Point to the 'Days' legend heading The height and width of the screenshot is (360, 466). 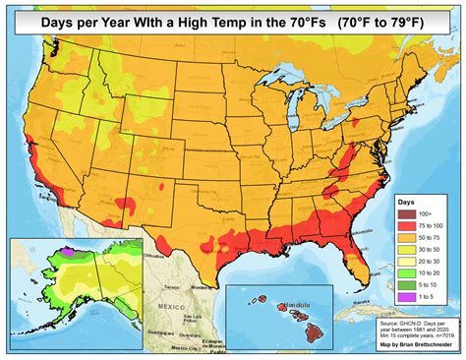[409, 200]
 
